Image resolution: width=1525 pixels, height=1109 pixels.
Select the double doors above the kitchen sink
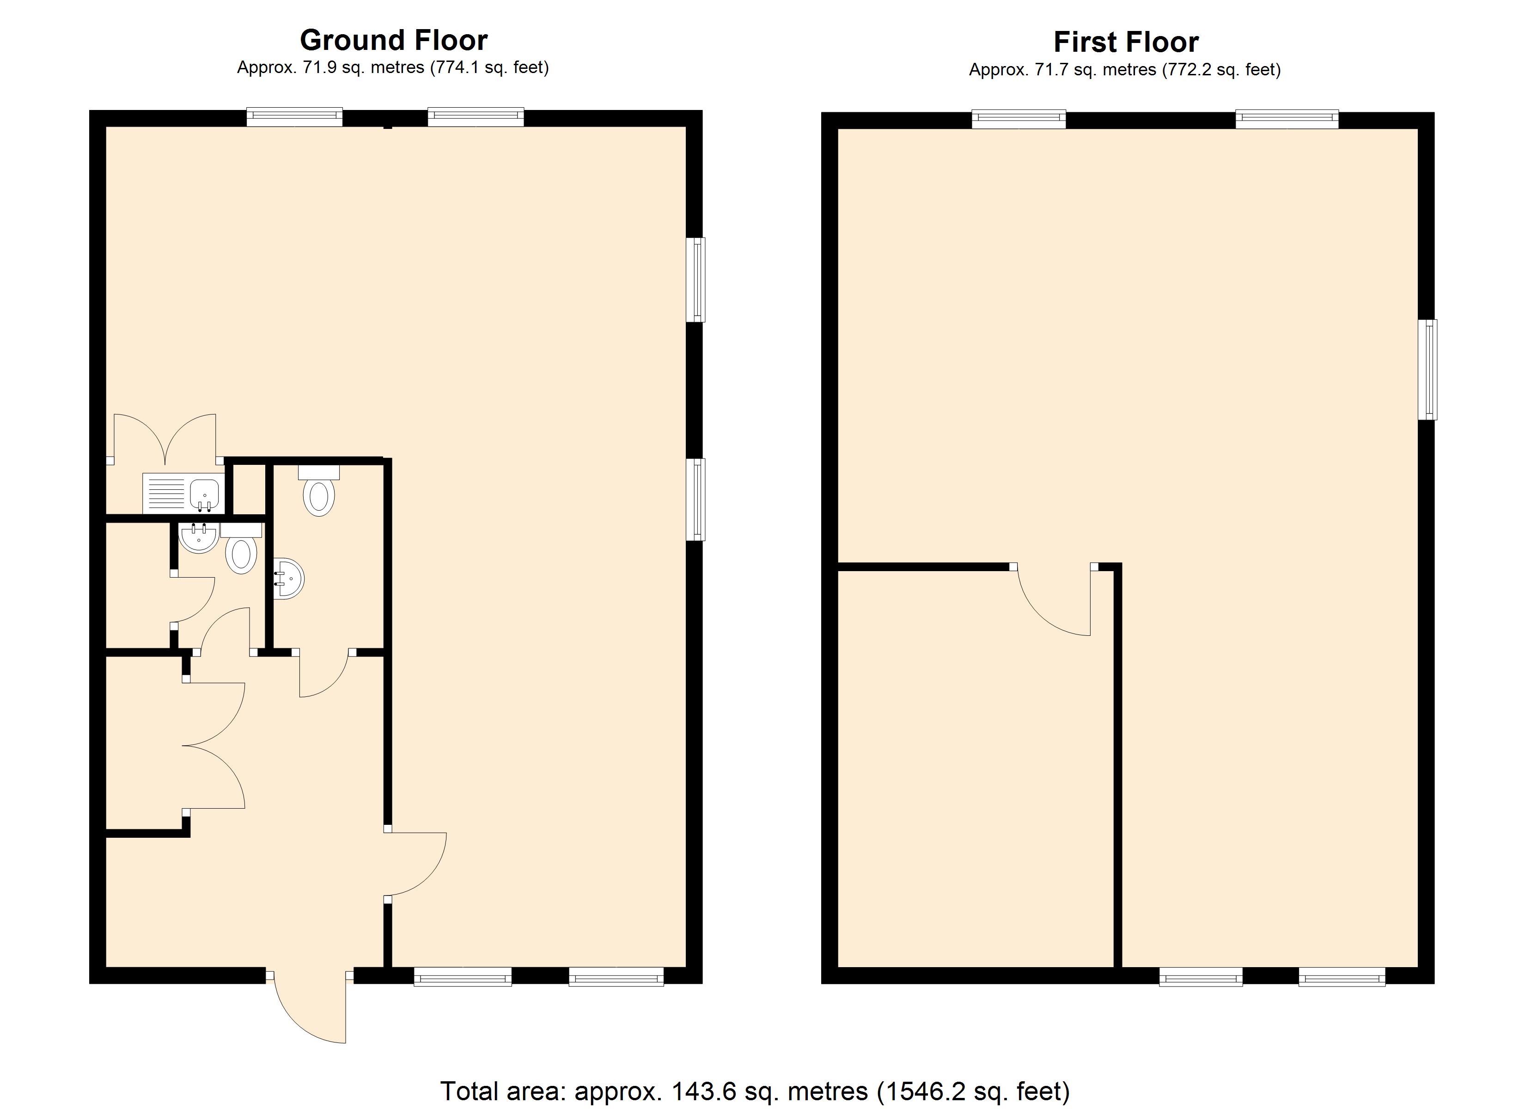(x=165, y=439)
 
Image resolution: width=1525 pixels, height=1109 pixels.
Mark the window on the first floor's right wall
(x=1427, y=369)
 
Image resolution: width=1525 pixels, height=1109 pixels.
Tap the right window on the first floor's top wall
(x=1287, y=120)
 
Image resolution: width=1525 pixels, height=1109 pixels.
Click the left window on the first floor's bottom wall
(x=1201, y=976)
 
